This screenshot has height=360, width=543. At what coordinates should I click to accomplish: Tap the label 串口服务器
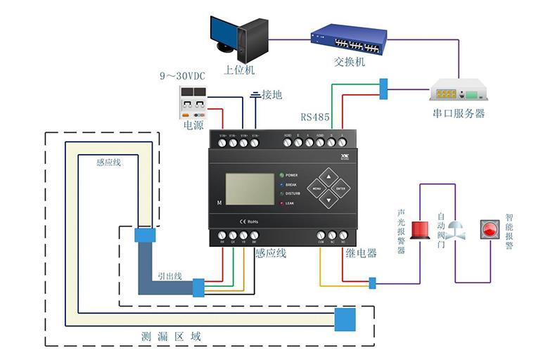(x=458, y=112)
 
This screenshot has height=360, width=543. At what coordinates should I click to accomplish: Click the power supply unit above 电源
(x=193, y=103)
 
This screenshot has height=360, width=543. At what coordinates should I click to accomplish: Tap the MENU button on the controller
(x=317, y=188)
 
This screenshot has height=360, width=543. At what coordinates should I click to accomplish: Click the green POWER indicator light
(x=282, y=175)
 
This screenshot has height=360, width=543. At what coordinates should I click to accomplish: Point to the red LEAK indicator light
(x=282, y=203)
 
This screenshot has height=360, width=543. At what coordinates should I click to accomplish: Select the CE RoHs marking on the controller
(x=250, y=221)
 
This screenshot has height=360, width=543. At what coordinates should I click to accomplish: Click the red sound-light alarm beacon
(x=420, y=229)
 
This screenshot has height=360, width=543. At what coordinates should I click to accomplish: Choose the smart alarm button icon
(x=489, y=229)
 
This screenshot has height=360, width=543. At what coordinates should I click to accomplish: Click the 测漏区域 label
(x=172, y=337)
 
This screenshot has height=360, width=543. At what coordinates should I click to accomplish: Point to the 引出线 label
(x=170, y=276)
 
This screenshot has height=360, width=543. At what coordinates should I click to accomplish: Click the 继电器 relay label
(x=361, y=252)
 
